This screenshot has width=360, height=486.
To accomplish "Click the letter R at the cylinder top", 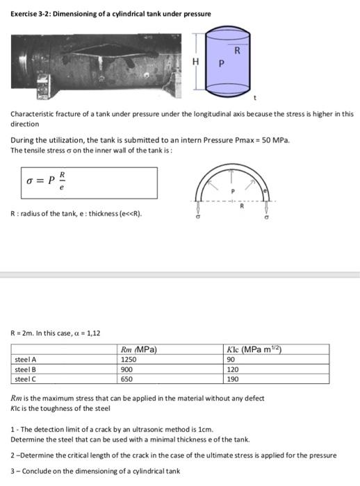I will pyautogui.click(x=238, y=49).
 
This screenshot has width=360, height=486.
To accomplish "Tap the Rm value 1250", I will pyautogui.click(x=129, y=360).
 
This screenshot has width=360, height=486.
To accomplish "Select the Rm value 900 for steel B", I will pyautogui.click(x=127, y=369).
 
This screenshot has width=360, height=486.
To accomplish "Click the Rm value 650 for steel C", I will pyautogui.click(x=127, y=379).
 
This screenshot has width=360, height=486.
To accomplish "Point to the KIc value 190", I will pyautogui.click(x=234, y=379).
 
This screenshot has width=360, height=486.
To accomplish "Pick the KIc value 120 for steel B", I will pyautogui.click(x=234, y=369).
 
